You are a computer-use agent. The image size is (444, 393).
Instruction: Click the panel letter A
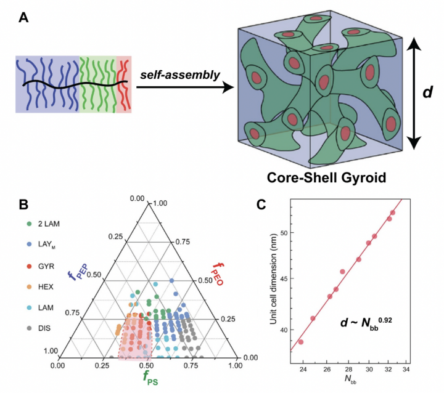pyautogui.click(x=23, y=18)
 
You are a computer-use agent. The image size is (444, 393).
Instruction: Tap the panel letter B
pyautogui.click(x=23, y=205)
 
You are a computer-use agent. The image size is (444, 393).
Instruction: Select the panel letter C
pyautogui.click(x=261, y=205)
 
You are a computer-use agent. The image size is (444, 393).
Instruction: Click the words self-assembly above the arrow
pyautogui.click(x=180, y=75)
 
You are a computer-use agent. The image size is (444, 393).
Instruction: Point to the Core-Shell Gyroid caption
pyautogui.click(x=326, y=177)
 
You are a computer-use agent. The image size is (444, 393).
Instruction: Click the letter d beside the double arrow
pyautogui.click(x=427, y=92)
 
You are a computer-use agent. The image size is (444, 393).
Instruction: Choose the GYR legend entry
pyautogui.click(x=41, y=266)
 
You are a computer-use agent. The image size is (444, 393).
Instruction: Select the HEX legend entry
pyautogui.click(x=40, y=287)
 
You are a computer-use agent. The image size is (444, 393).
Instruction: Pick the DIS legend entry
pyautogui.click(x=39, y=328)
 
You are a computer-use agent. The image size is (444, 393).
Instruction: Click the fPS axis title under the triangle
pyautogui.click(x=150, y=378)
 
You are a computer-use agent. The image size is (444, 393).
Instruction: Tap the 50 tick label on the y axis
pyautogui.click(x=283, y=233)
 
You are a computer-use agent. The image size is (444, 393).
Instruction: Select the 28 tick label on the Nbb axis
pyautogui.click(x=348, y=370)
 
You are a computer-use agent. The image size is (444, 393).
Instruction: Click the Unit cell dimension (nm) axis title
pyautogui.click(x=274, y=278)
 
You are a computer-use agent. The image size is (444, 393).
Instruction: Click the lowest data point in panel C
pyautogui.click(x=301, y=342)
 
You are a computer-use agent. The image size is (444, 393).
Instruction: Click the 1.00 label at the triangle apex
pyautogui.click(x=160, y=203)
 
